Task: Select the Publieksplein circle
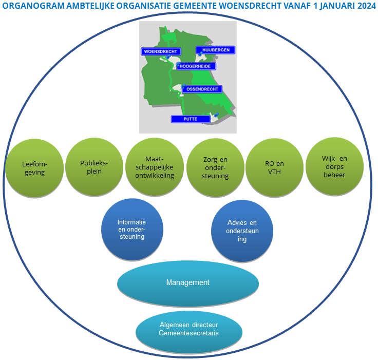[x=94, y=167]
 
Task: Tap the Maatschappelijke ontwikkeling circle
[x=155, y=167]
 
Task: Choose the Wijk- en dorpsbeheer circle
[x=334, y=167]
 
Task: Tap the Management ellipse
[x=188, y=283]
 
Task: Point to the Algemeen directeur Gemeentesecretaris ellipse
[x=188, y=329]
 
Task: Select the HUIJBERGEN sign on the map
[x=216, y=50]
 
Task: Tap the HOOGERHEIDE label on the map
[x=197, y=66]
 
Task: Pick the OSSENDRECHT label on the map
[x=202, y=89]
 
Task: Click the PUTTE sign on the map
[x=191, y=119]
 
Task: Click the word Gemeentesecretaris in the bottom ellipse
[x=188, y=333]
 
